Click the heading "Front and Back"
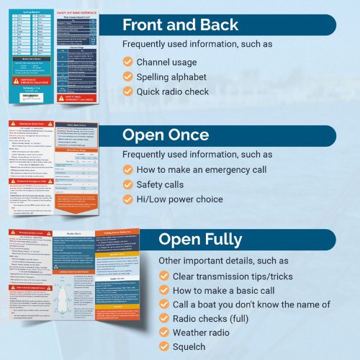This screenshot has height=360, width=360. (x=180, y=25)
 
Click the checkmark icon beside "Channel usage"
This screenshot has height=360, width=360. (x=127, y=63)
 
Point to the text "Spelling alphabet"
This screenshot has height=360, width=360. (x=171, y=77)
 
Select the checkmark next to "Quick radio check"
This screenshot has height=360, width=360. (x=127, y=91)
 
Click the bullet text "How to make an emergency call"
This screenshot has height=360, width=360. (x=202, y=170)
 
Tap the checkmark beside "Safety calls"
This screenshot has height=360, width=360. (x=127, y=184)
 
